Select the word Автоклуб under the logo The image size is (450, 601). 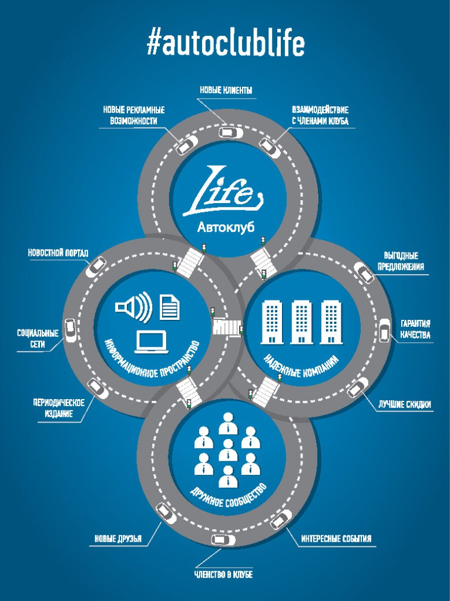coord(226,227)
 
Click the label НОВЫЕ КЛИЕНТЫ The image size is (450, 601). coord(226,90)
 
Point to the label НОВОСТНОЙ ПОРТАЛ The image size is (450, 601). coord(58,254)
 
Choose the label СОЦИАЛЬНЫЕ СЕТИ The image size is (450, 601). coord(38,339)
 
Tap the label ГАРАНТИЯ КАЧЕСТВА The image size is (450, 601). coord(415,329)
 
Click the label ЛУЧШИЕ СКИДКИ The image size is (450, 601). coord(405,404)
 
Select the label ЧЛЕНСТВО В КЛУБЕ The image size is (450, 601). coord(223,575)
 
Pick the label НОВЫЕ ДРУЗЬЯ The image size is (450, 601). coord(118,539)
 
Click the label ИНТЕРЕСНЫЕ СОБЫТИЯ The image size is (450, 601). coord(336,539)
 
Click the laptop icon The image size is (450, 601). coord(152,342)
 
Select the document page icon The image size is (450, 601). coord(170,306)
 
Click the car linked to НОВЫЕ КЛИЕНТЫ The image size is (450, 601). coord(231,133)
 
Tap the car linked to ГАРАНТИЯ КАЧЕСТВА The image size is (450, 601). coord(384,330)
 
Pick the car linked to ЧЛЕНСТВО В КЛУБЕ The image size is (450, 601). coord(223,540)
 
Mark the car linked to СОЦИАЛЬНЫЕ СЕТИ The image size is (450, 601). coord(70,330)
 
